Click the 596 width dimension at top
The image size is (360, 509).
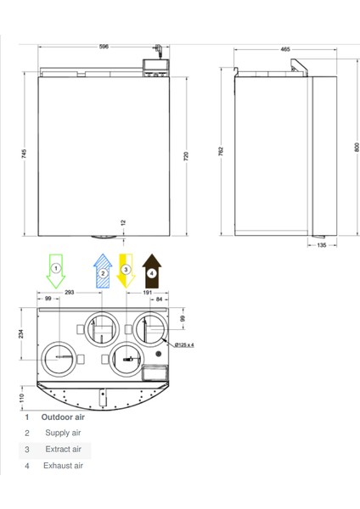[x=104, y=47]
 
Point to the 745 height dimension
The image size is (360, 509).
[x=25, y=154]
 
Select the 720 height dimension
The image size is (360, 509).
[x=186, y=156]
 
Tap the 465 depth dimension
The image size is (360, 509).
[x=285, y=49]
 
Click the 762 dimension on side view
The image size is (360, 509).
[x=221, y=151]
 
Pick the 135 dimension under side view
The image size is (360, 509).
[x=321, y=245]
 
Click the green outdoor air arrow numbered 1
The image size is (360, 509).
[x=56, y=271]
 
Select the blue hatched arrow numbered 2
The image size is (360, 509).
[x=103, y=271]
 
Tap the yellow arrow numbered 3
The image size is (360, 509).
[x=126, y=271]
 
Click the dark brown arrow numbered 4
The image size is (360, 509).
[x=152, y=271]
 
